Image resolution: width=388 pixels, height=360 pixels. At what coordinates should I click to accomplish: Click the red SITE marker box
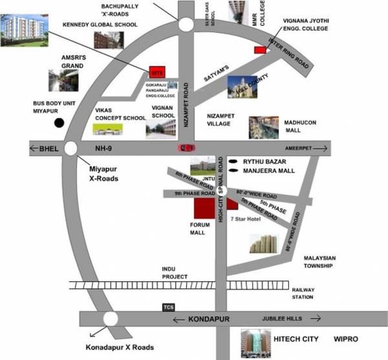(156, 72)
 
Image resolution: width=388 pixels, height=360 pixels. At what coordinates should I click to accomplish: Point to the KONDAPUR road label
(211, 319)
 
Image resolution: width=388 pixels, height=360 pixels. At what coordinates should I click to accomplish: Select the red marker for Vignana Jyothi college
(260, 50)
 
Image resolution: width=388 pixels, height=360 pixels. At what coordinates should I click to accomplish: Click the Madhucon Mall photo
(264, 127)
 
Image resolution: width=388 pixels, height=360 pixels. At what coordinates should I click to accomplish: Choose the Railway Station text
(303, 293)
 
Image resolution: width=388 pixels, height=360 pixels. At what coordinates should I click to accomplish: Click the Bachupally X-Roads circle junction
(185, 25)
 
